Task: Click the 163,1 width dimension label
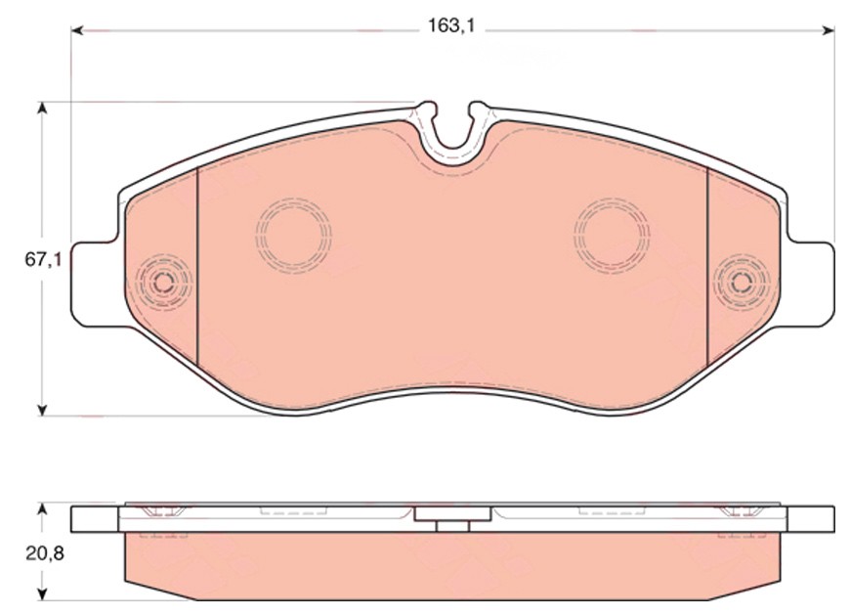pyautogui.click(x=451, y=25)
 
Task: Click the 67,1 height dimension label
pyautogui.click(x=43, y=259)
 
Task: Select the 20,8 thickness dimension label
pyautogui.click(x=44, y=553)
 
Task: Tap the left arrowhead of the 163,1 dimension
pyautogui.click(x=77, y=30)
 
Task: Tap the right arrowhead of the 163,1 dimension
pyautogui.click(x=829, y=30)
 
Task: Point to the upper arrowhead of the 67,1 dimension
pyautogui.click(x=42, y=108)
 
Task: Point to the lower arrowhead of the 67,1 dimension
pyautogui.click(x=42, y=411)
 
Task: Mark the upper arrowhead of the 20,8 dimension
pyautogui.click(x=42, y=509)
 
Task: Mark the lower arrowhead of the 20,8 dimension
pyautogui.click(x=42, y=594)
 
